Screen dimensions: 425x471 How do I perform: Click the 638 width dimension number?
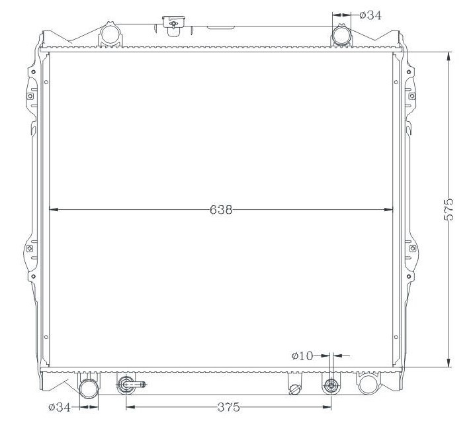[x=221, y=210]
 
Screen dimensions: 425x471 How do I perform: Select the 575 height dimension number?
[x=449, y=210]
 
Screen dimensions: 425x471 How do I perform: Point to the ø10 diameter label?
[x=302, y=356]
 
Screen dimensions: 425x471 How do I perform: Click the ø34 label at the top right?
[x=370, y=15]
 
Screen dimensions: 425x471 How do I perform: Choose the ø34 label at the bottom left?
[x=60, y=407]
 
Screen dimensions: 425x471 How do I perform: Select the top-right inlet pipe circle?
[x=341, y=34]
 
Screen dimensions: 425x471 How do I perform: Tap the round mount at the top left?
[x=110, y=34]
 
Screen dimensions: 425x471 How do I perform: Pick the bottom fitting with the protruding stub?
[x=126, y=385]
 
